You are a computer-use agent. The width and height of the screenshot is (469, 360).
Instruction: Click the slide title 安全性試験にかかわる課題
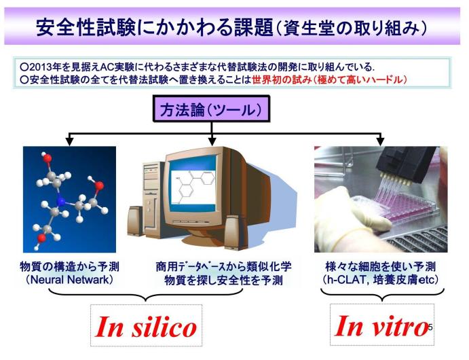[x=155, y=27]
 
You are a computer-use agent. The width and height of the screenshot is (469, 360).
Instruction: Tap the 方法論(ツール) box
[x=212, y=109]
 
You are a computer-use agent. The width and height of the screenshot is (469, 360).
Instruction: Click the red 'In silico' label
[x=146, y=327]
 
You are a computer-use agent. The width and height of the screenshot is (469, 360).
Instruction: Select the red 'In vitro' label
[x=381, y=325]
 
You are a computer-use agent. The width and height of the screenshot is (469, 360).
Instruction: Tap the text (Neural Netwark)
[x=70, y=280]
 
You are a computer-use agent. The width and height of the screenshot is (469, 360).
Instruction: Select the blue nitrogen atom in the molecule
[x=60, y=202]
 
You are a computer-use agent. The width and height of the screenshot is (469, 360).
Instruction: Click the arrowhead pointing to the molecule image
[x=69, y=141]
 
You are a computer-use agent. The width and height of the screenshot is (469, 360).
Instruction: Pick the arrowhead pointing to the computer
[x=212, y=141]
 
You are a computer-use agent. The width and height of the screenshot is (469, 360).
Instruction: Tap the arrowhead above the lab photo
[x=381, y=141]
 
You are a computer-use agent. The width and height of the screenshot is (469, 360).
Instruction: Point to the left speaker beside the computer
[x=135, y=221]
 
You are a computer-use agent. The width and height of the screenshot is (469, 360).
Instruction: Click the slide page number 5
[x=430, y=327]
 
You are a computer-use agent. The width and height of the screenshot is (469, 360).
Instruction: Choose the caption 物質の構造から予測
[x=69, y=266]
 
